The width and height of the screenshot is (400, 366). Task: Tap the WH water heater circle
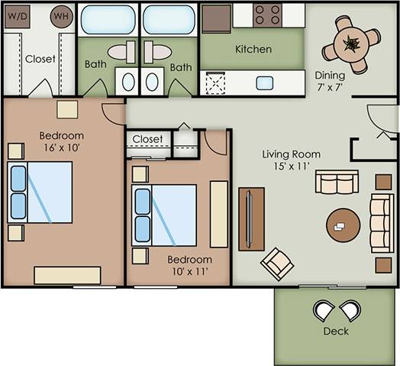point(61,16)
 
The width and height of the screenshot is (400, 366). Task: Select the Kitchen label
point(253,49)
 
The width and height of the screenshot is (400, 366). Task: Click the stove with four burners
point(268,15)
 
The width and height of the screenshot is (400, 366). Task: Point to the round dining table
point(351,44)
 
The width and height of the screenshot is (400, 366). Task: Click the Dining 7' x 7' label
point(330,81)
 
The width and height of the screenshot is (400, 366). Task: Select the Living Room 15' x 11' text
point(292,160)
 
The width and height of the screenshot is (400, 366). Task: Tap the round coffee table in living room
point(344,224)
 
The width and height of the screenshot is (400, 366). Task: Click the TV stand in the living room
point(251,219)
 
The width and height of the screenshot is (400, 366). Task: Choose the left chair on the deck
point(324,310)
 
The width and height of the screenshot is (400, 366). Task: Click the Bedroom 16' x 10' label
point(61,142)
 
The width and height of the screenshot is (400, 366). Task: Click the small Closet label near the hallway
point(147,139)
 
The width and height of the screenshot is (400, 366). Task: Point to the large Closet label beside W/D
point(40,59)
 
